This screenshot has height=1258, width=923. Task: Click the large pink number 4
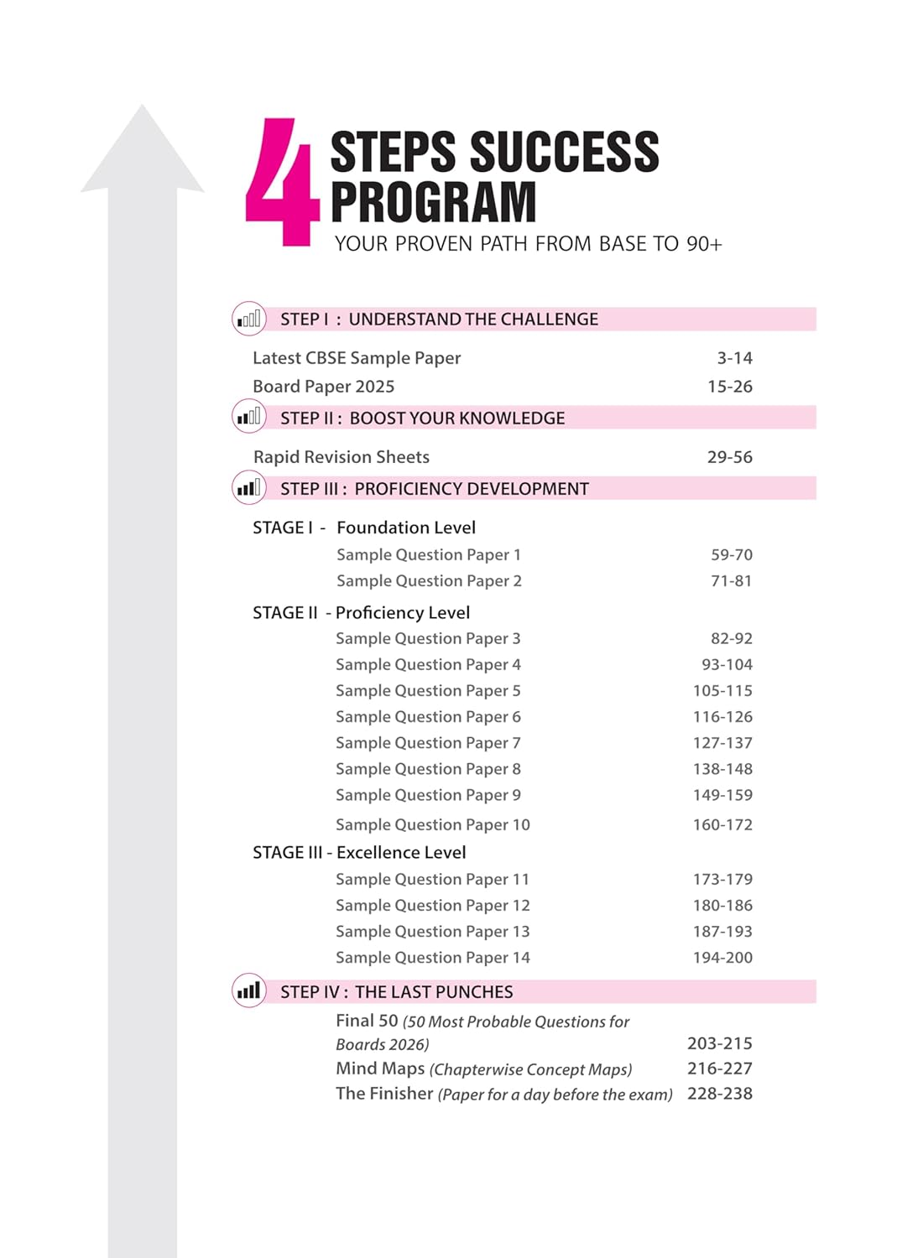click(282, 183)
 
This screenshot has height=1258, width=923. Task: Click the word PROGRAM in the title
click(433, 202)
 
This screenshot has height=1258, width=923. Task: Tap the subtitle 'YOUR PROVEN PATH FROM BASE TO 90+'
click(528, 244)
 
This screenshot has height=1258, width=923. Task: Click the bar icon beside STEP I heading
click(248, 319)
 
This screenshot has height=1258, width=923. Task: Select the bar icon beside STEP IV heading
click(248, 991)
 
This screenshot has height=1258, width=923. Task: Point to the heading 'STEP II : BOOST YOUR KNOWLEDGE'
click(422, 418)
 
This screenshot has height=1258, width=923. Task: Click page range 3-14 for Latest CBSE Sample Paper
click(734, 358)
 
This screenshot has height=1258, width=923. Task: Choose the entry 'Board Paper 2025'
click(323, 387)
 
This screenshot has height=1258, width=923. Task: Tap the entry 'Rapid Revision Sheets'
click(341, 457)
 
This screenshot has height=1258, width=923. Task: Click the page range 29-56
click(729, 457)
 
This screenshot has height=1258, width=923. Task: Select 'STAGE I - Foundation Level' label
click(363, 528)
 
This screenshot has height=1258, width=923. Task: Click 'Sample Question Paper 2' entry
click(429, 580)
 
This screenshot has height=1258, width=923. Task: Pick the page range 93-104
click(727, 664)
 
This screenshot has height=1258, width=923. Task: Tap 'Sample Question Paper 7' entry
click(428, 743)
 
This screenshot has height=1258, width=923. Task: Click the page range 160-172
click(722, 824)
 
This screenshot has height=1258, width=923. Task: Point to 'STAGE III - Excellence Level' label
click(358, 852)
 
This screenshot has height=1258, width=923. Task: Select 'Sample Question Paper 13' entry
click(432, 931)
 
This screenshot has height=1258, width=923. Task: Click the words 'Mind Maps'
click(380, 1068)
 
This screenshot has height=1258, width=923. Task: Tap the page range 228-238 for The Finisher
click(719, 1094)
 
